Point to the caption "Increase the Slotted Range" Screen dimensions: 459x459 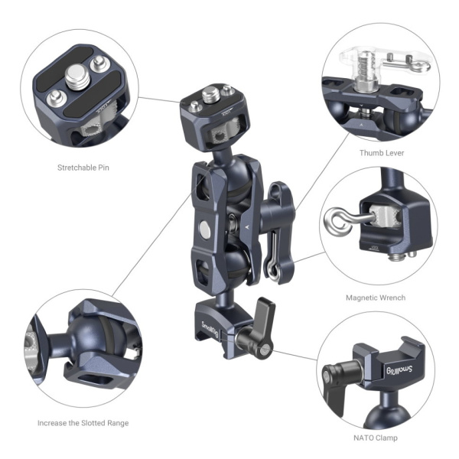[83, 422]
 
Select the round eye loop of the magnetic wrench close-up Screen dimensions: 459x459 [337, 221]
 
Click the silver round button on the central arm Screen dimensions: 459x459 [205, 228]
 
